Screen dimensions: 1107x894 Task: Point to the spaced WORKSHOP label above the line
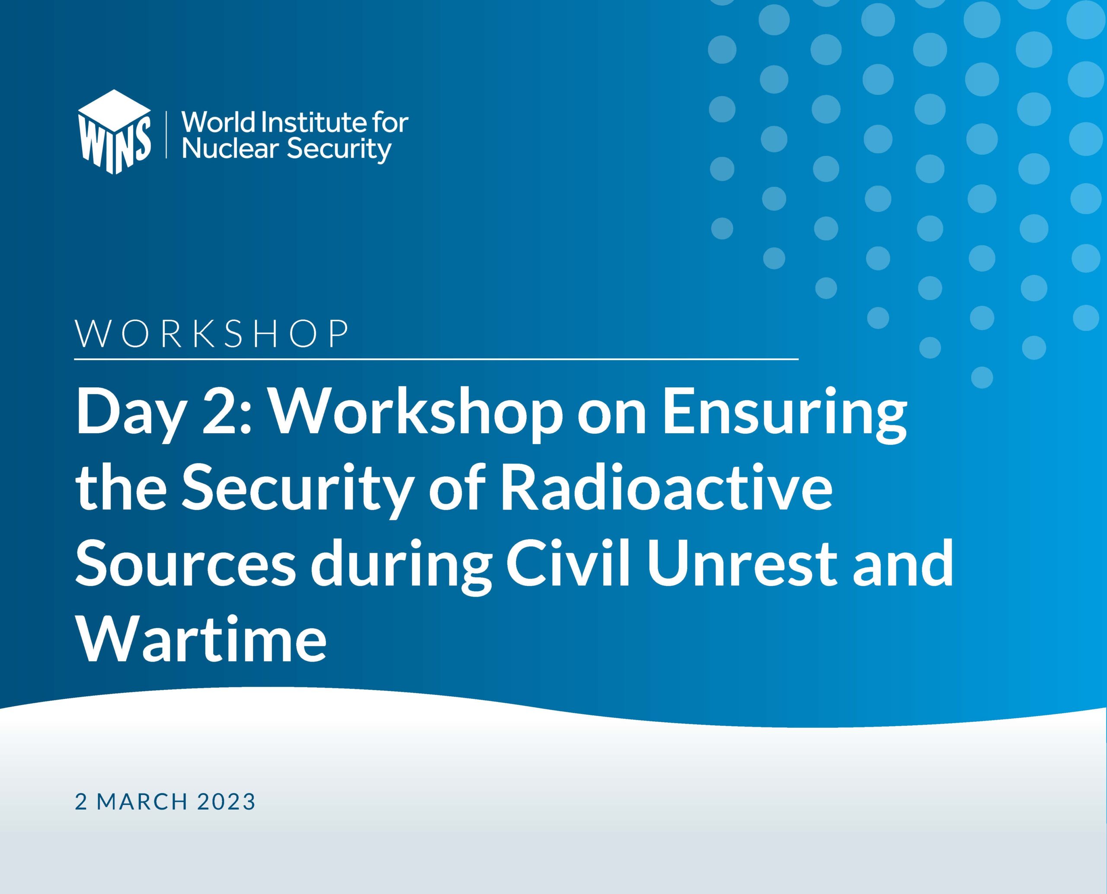(x=212, y=334)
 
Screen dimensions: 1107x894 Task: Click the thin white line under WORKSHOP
(x=436, y=358)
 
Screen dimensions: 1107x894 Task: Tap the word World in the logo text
(x=220, y=123)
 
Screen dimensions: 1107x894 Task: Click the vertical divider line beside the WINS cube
(x=166, y=133)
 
